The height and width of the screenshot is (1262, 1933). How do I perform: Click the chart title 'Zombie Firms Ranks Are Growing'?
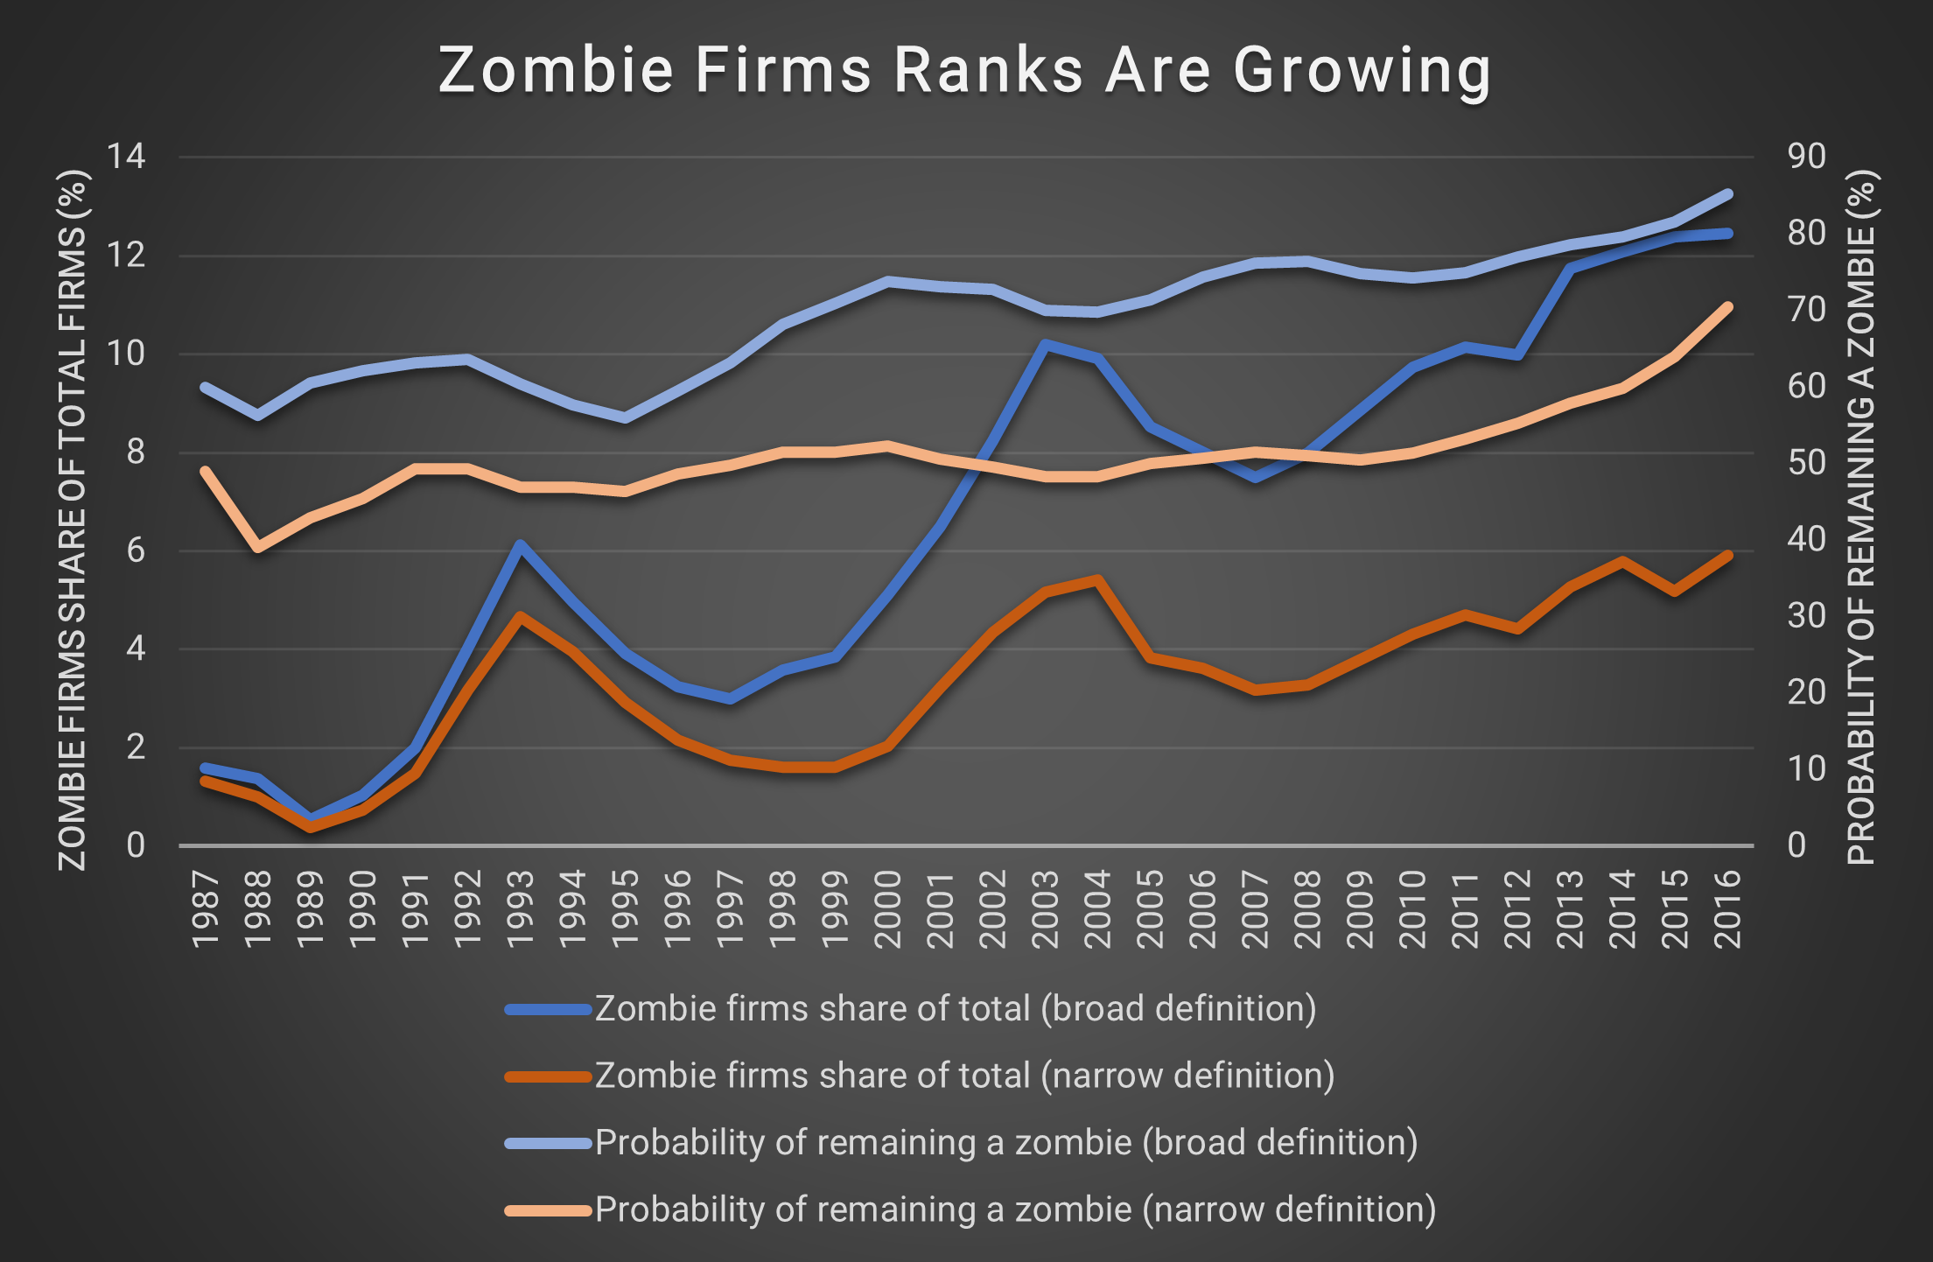point(964,70)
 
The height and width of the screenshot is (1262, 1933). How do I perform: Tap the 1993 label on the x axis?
point(521,909)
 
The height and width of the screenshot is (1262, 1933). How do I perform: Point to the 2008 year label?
point(1307,909)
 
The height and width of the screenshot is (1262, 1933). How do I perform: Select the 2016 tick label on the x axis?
point(1727,909)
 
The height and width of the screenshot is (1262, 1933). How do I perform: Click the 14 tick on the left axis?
point(125,158)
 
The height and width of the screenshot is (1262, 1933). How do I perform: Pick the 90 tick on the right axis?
point(1806,158)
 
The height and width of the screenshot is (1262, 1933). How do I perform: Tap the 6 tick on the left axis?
point(135,551)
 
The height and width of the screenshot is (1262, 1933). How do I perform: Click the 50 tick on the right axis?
point(1806,463)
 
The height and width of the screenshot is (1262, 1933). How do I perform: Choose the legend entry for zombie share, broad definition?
point(955,1009)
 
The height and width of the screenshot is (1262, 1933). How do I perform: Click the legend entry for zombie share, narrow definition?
point(964,1076)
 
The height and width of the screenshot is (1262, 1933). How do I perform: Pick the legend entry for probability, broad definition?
point(1005,1143)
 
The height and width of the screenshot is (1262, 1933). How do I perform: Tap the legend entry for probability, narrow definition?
point(1015,1209)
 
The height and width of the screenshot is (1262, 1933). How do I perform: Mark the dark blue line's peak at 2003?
point(1045,344)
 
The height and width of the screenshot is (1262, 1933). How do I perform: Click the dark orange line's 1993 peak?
point(521,616)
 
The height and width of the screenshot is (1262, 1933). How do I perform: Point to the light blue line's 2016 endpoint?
point(1727,194)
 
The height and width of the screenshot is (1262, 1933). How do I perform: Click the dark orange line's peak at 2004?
point(1097,579)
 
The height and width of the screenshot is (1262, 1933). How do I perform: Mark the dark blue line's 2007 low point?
point(1255,478)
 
